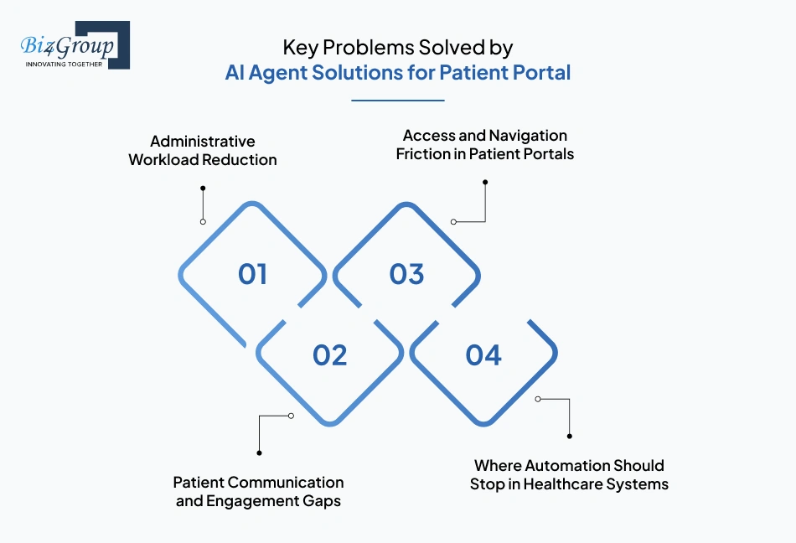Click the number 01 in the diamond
[252, 274]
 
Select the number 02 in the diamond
[329, 355]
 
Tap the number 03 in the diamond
[406, 274]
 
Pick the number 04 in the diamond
[483, 355]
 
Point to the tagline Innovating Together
[64, 64]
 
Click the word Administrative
[203, 141]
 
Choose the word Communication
[287, 483]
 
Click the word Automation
[567, 465]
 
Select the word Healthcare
[564, 484]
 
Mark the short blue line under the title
[397, 101]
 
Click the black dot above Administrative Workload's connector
[203, 189]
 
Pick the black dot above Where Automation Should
[569, 436]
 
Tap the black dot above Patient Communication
[259, 452]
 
